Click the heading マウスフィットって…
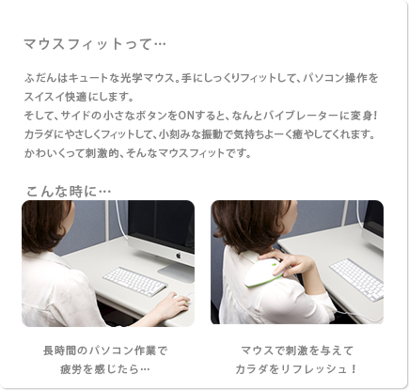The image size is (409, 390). click(95, 44)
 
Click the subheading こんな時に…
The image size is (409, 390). click(69, 191)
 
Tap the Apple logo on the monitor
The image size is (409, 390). click(179, 256)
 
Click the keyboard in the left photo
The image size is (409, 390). click(135, 282)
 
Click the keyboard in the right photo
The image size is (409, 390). click(357, 279)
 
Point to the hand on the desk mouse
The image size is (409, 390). click(173, 305)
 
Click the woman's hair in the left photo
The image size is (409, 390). click(45, 225)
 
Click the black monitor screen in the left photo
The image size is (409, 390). click(162, 225)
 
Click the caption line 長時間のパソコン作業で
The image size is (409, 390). click(105, 351)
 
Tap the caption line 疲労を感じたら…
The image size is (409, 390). click(105, 369)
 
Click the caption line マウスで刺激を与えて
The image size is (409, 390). click(297, 351)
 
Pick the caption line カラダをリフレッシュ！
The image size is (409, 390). click(296, 369)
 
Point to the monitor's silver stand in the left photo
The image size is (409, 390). click(177, 272)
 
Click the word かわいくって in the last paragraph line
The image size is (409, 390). click(50, 153)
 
